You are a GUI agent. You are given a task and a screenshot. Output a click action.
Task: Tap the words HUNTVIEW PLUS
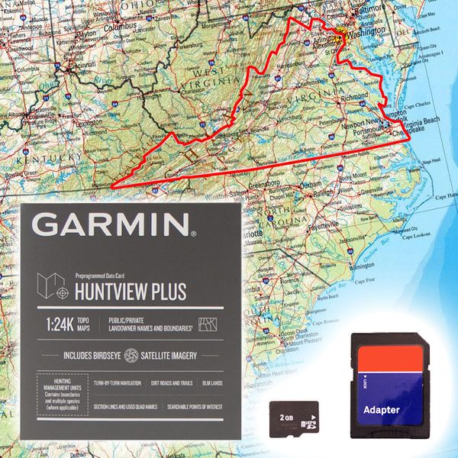(x=130, y=291)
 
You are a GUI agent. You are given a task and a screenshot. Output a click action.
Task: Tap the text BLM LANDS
(x=209, y=382)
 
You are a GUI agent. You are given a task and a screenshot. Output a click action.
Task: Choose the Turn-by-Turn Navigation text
(x=119, y=382)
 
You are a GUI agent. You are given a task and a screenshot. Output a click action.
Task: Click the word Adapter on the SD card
(x=382, y=410)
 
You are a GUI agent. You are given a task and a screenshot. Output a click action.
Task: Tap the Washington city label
(x=363, y=35)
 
